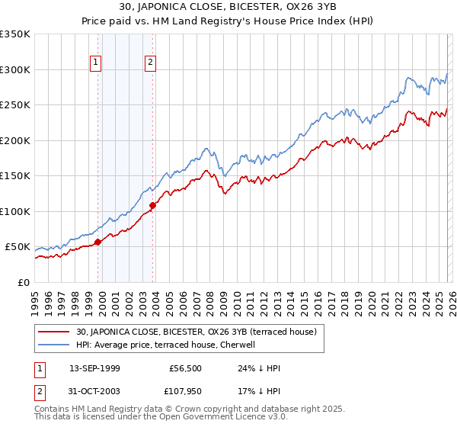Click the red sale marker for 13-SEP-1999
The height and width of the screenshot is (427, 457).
click(97, 242)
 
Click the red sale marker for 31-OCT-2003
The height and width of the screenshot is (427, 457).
click(153, 205)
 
